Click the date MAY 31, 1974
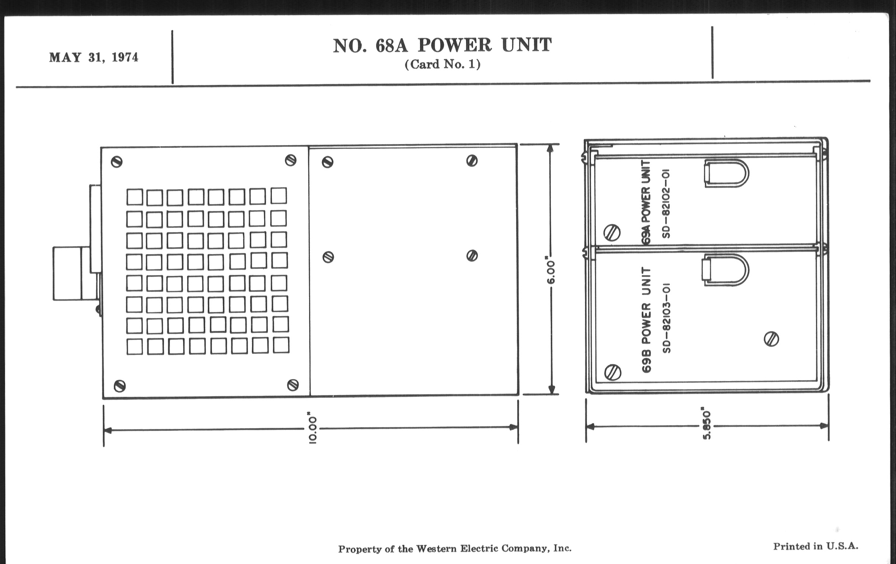coord(94,58)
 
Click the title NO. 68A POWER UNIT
coord(442,45)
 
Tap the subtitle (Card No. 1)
coord(442,65)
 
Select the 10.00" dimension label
coord(312,428)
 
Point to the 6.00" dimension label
coord(550,269)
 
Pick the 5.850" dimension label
coord(707,425)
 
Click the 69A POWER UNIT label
coord(646,202)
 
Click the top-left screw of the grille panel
coord(117,162)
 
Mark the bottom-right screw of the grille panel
coord(293,384)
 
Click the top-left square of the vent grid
coord(134,197)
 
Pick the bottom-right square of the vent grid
coord(281,345)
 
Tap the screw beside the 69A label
coord(612,233)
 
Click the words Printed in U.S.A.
coord(816,547)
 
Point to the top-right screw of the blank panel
coord(472,161)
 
